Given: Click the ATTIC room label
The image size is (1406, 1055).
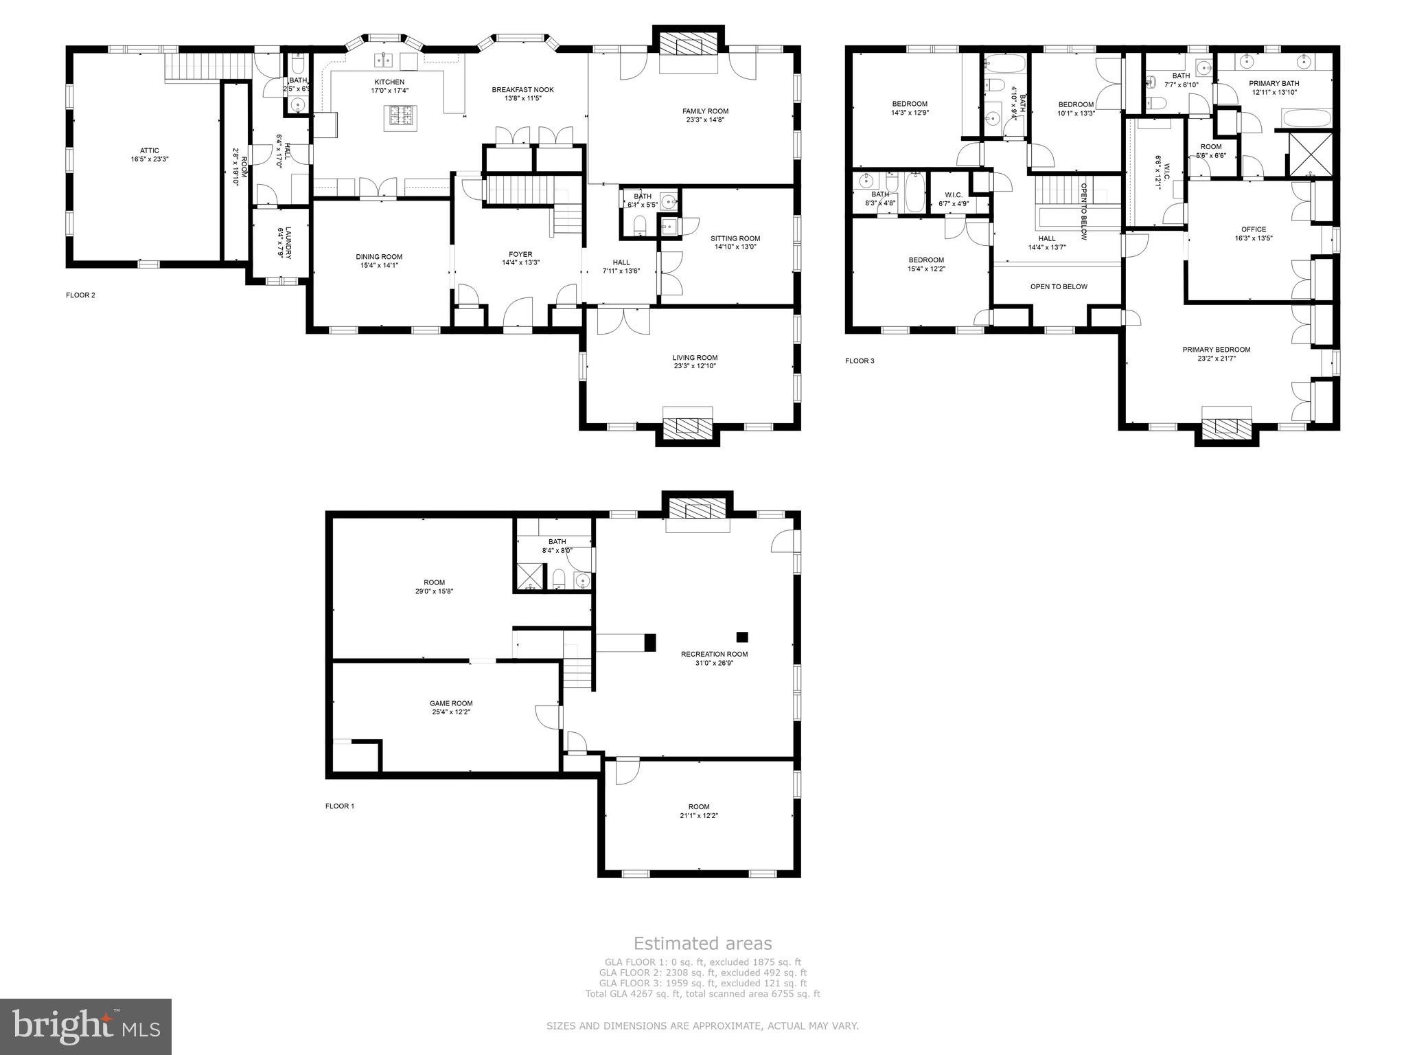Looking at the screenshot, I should [x=149, y=150].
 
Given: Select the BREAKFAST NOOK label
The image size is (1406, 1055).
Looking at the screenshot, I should [x=522, y=90].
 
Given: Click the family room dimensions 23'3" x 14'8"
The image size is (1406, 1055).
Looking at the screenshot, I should [x=705, y=120].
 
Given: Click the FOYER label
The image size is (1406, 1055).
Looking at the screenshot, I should [x=520, y=254].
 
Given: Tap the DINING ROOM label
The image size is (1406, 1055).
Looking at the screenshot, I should [x=379, y=256].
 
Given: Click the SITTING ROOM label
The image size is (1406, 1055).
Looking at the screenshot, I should [x=735, y=238].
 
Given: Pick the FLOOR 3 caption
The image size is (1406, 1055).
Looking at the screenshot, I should [x=860, y=361].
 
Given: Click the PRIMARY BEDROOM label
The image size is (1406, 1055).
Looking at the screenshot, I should [x=1216, y=350].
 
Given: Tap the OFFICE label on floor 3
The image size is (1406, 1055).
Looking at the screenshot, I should [x=1254, y=229].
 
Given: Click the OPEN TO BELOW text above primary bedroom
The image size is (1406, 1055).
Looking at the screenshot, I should [x=1059, y=286].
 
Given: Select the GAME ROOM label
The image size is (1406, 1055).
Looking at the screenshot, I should [x=451, y=703].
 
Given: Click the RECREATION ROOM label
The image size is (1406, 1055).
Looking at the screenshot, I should [x=714, y=654].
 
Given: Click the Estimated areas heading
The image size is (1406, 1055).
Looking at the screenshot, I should [x=702, y=944].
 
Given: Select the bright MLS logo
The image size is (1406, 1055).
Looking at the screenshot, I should [x=86, y=1027].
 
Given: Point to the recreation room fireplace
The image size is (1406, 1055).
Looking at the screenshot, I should [x=698, y=510].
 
